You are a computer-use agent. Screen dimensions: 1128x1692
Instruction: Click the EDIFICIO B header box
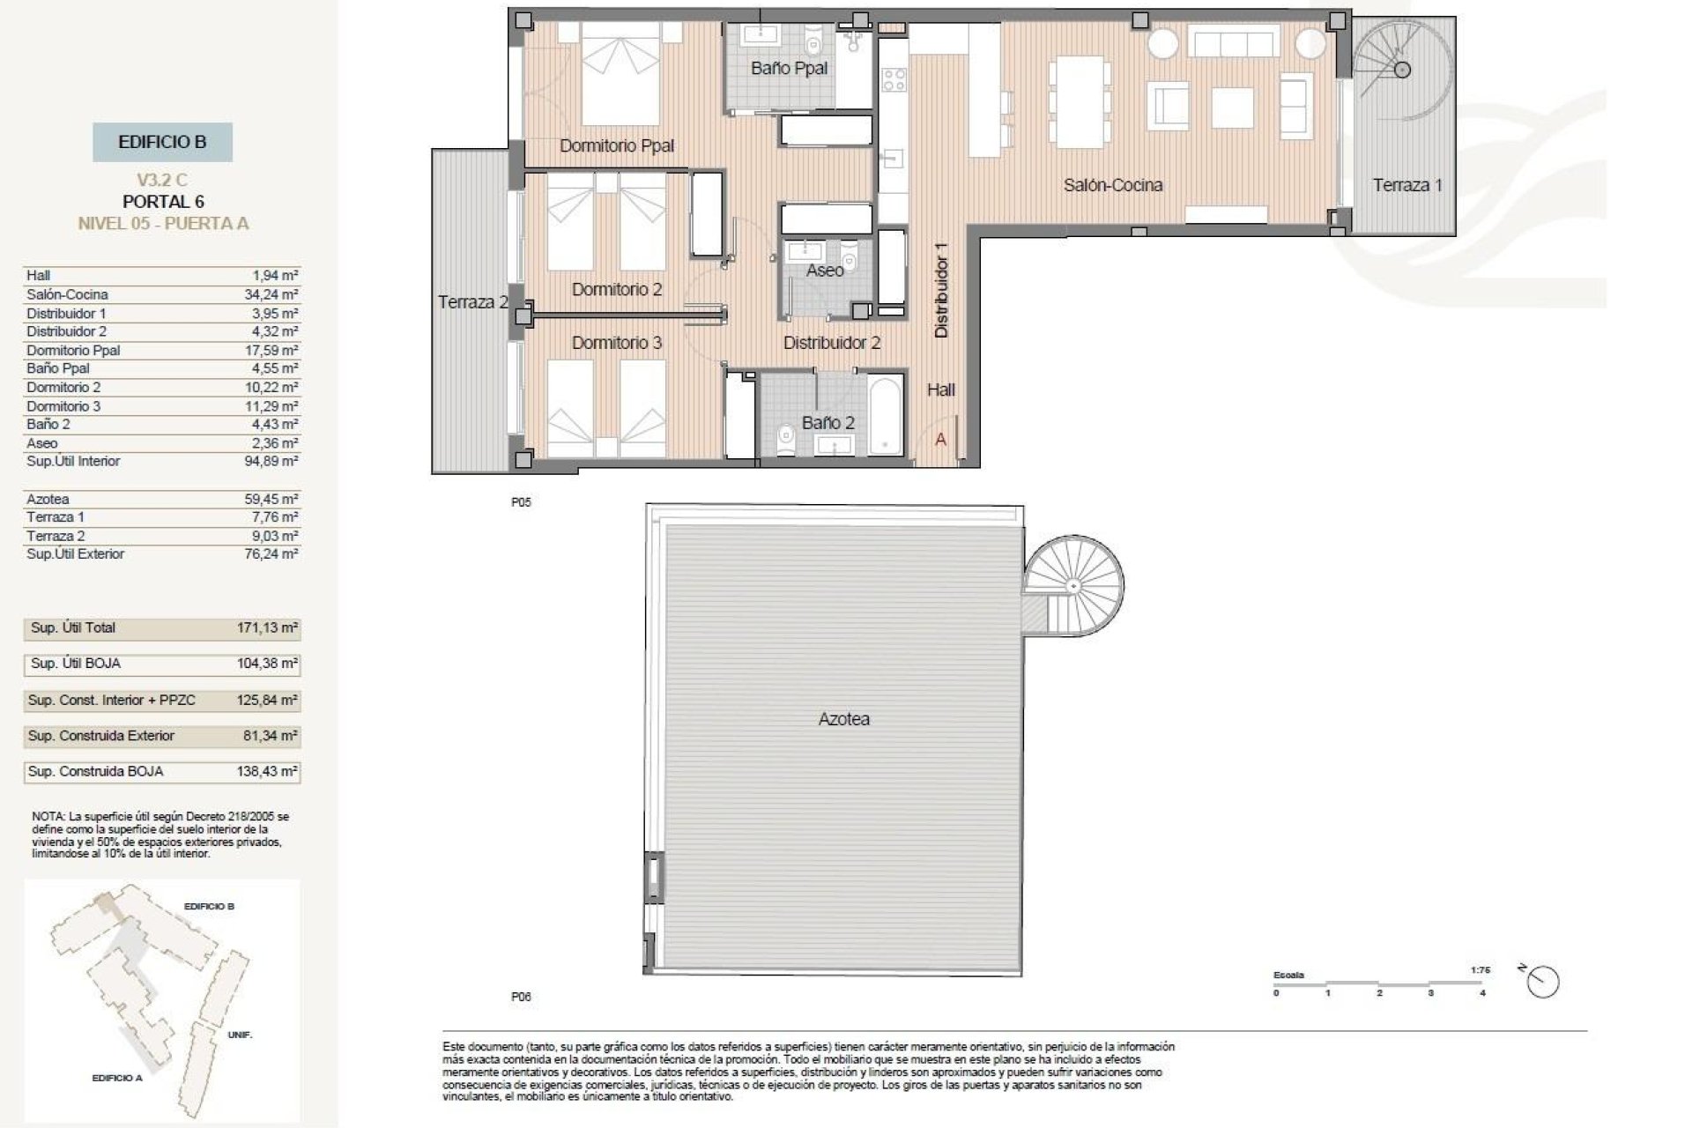click(x=162, y=142)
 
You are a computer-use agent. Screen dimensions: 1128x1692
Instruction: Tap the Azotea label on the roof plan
click(x=843, y=719)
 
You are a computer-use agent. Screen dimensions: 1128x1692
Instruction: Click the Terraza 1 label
click(x=1407, y=185)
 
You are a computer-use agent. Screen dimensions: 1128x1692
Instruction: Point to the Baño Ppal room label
click(x=789, y=68)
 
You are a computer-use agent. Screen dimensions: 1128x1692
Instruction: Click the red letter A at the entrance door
click(x=940, y=439)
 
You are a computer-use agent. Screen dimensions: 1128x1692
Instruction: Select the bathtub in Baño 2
click(x=886, y=416)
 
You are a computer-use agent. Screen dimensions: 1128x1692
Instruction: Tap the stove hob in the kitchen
click(x=894, y=79)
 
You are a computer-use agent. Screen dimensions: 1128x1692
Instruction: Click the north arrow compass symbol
click(x=1543, y=982)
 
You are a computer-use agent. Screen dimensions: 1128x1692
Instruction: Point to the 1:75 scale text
click(x=1480, y=969)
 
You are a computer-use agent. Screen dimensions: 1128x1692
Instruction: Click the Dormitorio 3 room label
click(x=616, y=343)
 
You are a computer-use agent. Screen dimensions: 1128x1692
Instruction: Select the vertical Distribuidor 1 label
click(x=941, y=290)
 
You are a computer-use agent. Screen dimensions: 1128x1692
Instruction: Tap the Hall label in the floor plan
click(x=940, y=390)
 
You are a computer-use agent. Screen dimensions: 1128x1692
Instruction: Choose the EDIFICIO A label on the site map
click(x=116, y=1078)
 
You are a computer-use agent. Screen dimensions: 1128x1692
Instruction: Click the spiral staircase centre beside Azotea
click(x=1073, y=585)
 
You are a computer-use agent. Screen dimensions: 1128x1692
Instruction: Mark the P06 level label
click(x=521, y=997)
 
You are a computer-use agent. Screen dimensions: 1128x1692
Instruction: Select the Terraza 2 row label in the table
click(x=55, y=536)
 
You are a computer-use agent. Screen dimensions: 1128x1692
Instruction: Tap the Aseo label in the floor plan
click(x=825, y=271)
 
